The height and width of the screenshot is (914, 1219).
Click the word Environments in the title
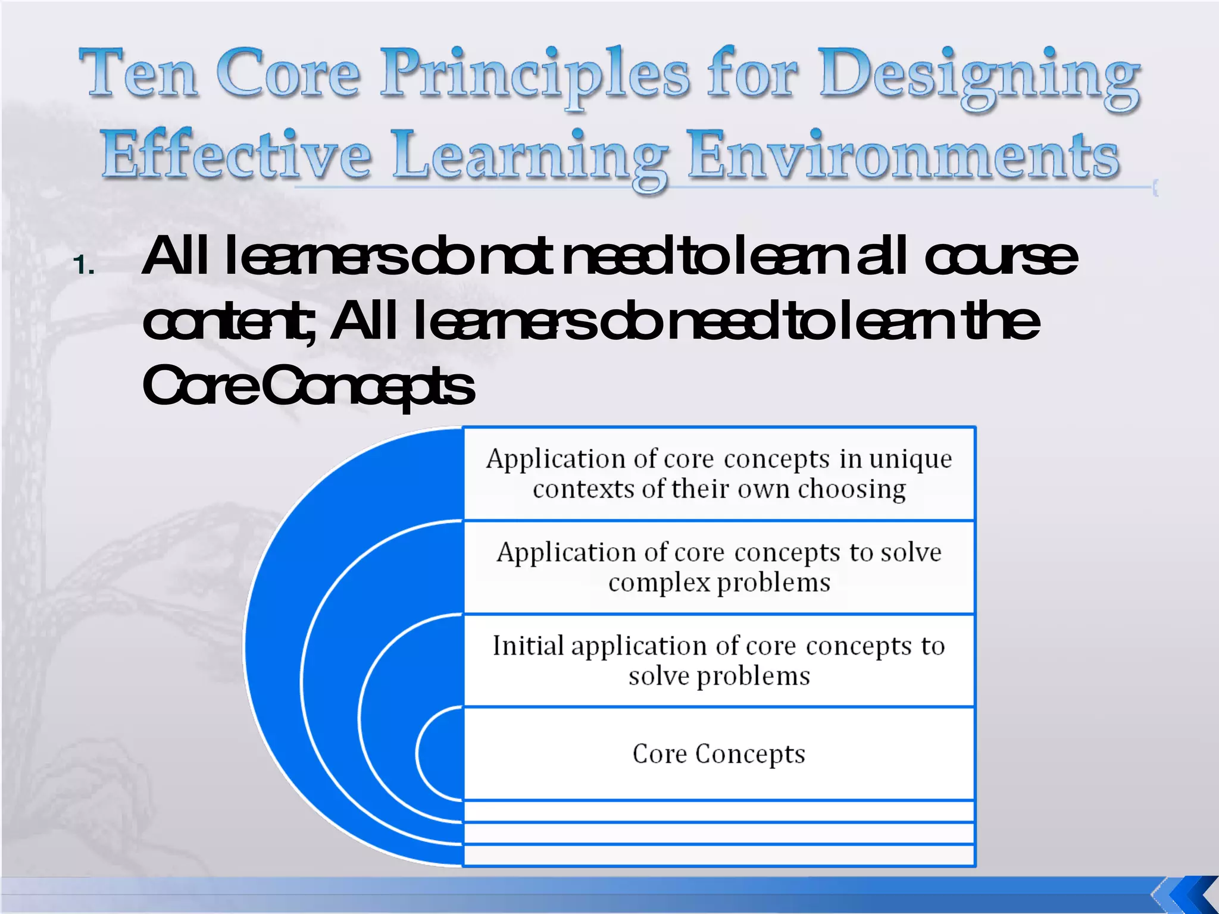coord(904,156)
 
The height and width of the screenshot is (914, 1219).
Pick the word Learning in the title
coord(530,157)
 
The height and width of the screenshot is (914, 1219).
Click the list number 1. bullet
coord(84,265)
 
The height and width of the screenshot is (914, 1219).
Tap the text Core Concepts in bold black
coord(308,386)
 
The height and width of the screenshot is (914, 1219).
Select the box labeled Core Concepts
coord(718,754)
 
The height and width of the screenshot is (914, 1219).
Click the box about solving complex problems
coord(718,567)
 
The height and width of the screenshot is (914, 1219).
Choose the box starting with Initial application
coord(718,661)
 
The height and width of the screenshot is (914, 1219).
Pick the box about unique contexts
coord(718,474)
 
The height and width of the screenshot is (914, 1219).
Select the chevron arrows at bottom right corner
coord(1184,894)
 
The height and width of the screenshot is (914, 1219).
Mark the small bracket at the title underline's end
coord(1155,188)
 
